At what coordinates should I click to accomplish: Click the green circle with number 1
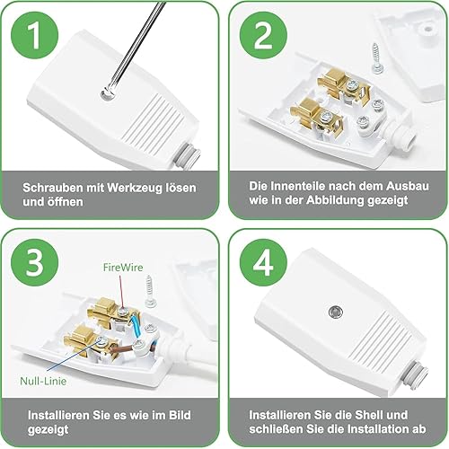[35, 36]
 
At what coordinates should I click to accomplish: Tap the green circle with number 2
[263, 36]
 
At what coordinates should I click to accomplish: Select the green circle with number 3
[35, 262]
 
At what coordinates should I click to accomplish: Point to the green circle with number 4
[263, 262]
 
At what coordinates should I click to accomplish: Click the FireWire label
[123, 268]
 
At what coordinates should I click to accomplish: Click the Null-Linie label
[43, 381]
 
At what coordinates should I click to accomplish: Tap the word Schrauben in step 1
[53, 188]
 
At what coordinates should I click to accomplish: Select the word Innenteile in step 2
[297, 186]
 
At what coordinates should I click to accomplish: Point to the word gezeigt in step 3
[48, 429]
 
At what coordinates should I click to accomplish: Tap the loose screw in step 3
[149, 291]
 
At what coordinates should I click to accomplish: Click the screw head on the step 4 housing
[335, 313]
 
